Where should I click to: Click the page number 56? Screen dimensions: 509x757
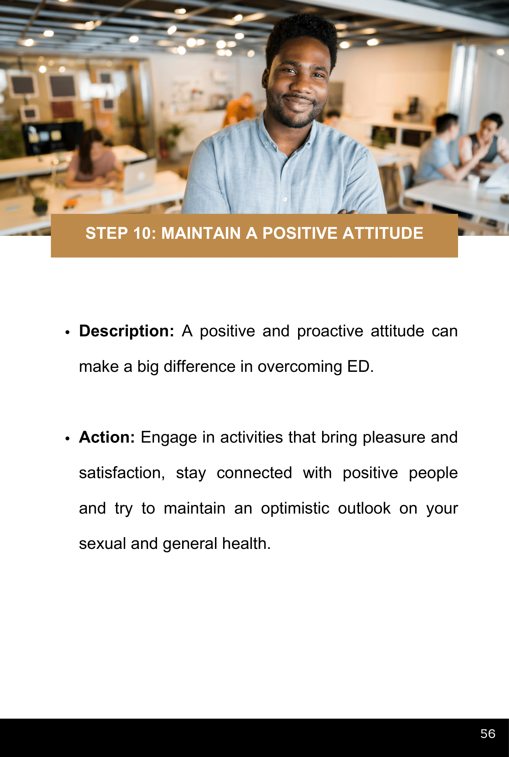click(488, 733)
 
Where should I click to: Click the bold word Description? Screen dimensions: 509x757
click(126, 331)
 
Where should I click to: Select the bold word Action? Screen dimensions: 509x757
click(107, 437)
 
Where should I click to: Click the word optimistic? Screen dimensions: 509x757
click(295, 509)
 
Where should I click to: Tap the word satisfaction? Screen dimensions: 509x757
click(122, 473)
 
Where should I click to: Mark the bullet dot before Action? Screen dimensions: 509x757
click(67, 439)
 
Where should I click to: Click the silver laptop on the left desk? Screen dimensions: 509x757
click(140, 176)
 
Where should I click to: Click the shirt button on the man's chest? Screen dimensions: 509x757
click(284, 199)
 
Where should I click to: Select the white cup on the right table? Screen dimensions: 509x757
click(473, 183)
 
